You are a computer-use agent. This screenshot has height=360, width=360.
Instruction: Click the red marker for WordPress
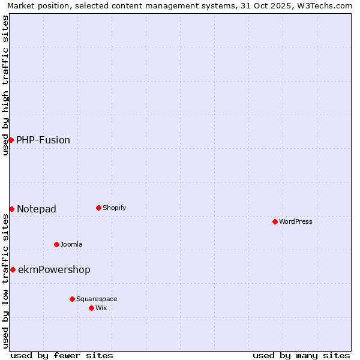tap(275, 221)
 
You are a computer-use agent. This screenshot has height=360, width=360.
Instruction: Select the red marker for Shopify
tap(98, 208)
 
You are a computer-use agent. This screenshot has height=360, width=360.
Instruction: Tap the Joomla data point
tap(56, 244)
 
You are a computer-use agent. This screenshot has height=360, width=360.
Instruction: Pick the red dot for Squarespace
tap(72, 299)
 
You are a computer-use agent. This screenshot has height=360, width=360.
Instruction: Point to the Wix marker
tap(91, 308)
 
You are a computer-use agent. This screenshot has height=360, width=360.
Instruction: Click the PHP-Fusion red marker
tap(11, 140)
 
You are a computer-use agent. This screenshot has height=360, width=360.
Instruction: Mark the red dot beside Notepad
tap(11, 209)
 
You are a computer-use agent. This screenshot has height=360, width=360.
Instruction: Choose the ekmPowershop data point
tap(13, 269)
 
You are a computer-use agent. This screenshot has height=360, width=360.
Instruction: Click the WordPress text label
tap(296, 221)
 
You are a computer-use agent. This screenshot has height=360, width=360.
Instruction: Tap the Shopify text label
tap(114, 208)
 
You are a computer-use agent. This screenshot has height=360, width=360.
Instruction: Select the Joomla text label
tap(71, 244)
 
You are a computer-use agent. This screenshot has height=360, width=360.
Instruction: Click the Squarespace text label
tap(97, 299)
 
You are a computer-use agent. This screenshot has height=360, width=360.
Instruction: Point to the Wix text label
tap(101, 308)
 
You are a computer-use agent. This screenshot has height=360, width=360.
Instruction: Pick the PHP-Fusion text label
tap(43, 140)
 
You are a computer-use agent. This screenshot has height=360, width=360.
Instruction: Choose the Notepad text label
tap(37, 209)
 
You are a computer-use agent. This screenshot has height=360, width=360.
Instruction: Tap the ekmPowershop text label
tap(55, 269)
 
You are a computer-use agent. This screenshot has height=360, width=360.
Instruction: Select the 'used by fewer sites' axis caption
tap(62, 355)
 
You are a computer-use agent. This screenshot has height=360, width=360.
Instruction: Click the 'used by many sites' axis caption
tap(301, 355)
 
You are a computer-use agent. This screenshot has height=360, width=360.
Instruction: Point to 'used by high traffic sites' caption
tap(5, 85)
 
